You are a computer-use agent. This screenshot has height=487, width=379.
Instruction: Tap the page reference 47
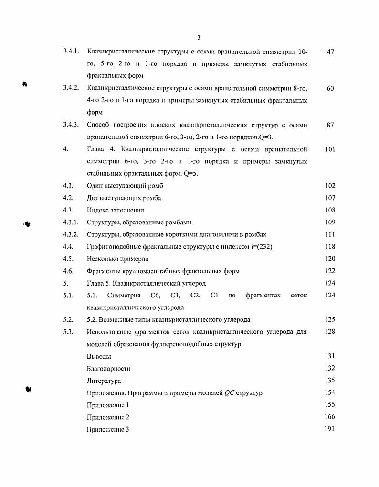point(330,52)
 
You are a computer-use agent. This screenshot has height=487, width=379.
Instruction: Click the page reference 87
point(330,125)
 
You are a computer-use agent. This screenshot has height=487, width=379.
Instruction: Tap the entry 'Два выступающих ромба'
point(124,198)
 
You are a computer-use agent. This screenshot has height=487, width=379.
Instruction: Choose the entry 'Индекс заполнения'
point(115,210)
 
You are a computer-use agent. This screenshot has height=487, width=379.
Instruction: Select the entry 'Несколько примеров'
point(117,259)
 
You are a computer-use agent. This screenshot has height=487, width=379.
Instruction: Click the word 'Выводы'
point(99,356)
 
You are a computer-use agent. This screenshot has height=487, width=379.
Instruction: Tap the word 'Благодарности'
point(108,369)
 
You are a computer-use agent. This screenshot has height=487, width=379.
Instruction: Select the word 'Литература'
point(104,381)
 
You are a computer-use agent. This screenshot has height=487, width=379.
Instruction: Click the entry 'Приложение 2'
point(108,417)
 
